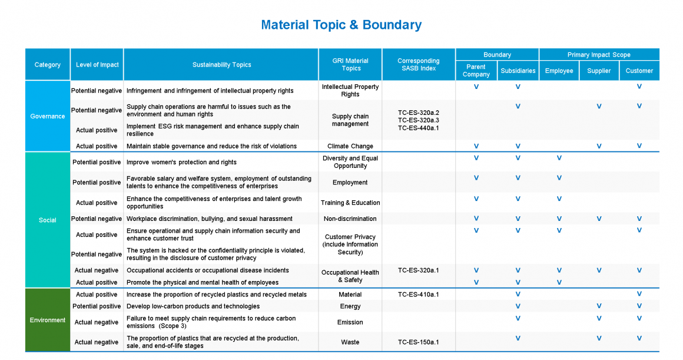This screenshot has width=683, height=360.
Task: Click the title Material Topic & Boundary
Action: pos(341,25)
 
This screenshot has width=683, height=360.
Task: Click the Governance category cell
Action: pos(48,116)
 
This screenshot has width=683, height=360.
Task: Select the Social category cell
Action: pos(48,220)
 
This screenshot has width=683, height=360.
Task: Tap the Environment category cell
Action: pos(48,320)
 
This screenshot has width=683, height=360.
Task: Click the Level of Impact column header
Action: pos(97,65)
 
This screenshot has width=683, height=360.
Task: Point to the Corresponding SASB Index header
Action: pos(418,65)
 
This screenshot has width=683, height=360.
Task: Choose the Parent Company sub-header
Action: pos(476,71)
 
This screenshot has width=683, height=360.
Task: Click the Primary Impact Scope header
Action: pos(599,55)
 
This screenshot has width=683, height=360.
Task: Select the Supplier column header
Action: pos(599,71)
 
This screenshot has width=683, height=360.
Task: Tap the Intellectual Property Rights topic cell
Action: pos(350,90)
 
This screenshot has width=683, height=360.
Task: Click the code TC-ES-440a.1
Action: pos(418,128)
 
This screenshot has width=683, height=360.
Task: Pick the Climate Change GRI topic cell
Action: pos(350,146)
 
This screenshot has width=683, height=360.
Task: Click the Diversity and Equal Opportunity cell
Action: pos(350,162)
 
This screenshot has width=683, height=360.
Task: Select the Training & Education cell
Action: pos(350,203)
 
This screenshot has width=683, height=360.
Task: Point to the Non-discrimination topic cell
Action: pos(350,219)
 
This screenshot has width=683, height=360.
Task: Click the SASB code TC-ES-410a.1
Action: pos(418,294)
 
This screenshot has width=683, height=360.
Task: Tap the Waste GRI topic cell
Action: pos(350,342)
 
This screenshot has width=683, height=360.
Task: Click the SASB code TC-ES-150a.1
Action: pos(418,342)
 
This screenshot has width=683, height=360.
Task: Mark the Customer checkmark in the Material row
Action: pos(639,294)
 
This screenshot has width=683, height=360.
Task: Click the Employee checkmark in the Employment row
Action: pos(559,178)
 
